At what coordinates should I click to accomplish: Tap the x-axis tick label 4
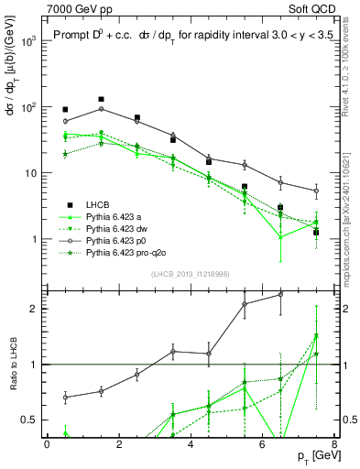pyautogui.click(x=191, y=444)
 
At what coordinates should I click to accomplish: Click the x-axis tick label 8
pyautogui.click(x=334, y=444)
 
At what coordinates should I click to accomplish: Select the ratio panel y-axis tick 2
pyautogui.click(x=34, y=308)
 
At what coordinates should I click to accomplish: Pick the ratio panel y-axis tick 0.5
pyautogui.click(x=30, y=420)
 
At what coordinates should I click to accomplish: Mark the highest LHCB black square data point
pyautogui.click(x=102, y=99)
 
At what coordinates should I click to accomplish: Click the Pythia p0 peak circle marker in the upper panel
pyautogui.click(x=102, y=109)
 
